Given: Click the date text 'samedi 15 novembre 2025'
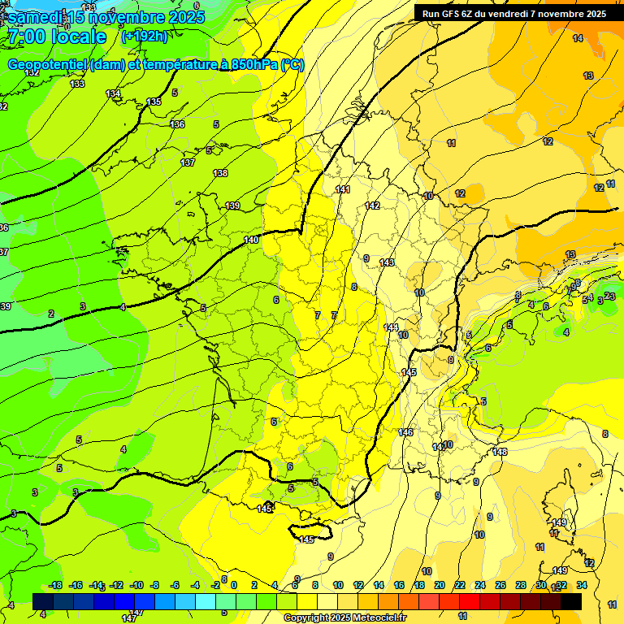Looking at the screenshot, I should pyautogui.click(x=106, y=17).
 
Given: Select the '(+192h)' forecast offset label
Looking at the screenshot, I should pyautogui.click(x=144, y=37).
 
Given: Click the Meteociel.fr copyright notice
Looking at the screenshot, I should pyautogui.click(x=345, y=618).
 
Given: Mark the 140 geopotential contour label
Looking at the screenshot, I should pyautogui.click(x=251, y=240).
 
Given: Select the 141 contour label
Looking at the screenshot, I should pyautogui.click(x=343, y=189).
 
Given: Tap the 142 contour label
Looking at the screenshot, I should pyautogui.click(x=372, y=206).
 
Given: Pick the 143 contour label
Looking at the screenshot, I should pyautogui.click(x=387, y=262).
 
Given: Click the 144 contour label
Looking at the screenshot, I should pyautogui.click(x=391, y=327).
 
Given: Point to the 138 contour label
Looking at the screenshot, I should pyautogui.click(x=220, y=173).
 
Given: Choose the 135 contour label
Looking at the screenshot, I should pyautogui.click(x=154, y=102).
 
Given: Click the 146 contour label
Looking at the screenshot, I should pyautogui.click(x=405, y=432).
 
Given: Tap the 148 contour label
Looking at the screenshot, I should pyautogui.click(x=500, y=452).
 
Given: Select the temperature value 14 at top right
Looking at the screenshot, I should pyautogui.click(x=577, y=38).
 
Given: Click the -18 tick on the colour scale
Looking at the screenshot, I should pyautogui.click(x=55, y=585).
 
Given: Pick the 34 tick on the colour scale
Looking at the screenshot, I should pyautogui.click(x=582, y=585).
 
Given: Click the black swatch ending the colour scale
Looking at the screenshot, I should pyautogui.click(x=571, y=601).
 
